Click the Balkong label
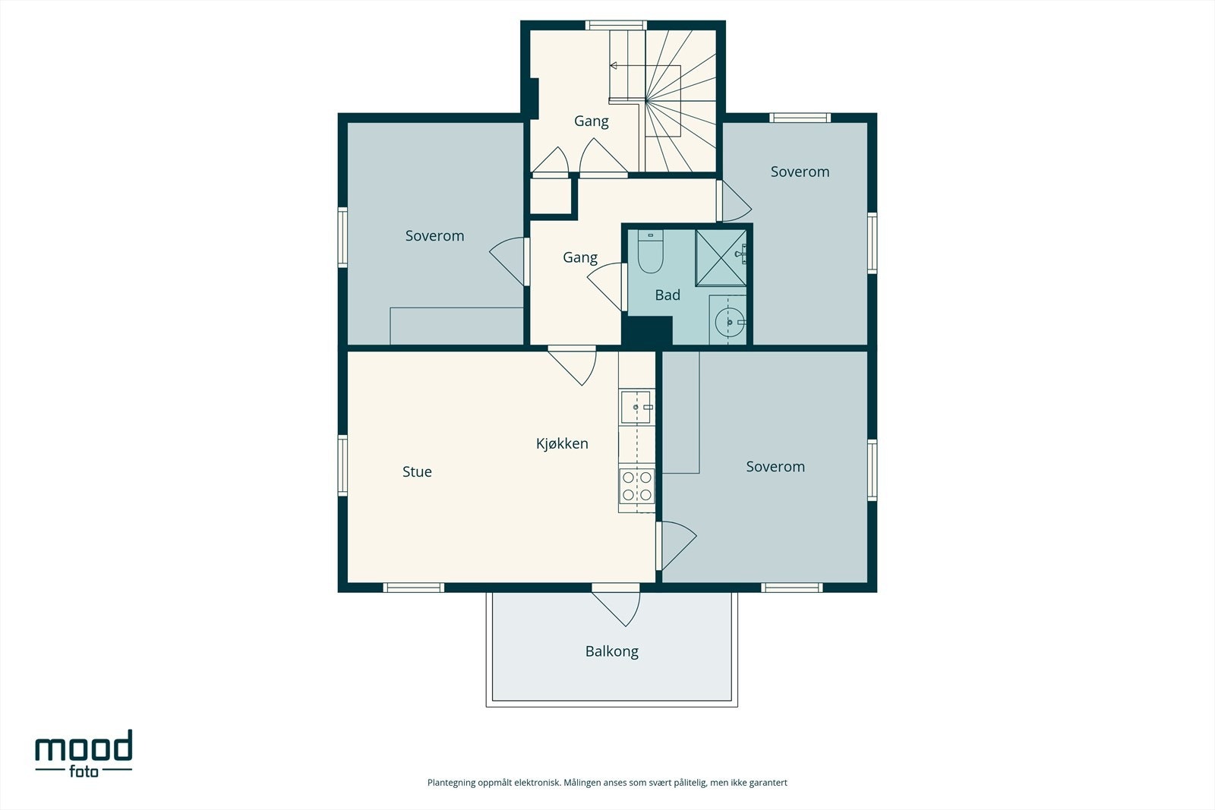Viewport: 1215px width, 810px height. [x=612, y=651]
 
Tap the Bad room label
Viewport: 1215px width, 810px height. [x=667, y=295]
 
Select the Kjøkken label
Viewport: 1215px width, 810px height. [x=562, y=443]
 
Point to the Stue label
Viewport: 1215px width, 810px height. [x=417, y=471]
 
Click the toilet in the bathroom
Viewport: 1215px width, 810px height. [x=650, y=251]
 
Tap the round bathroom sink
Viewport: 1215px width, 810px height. [x=730, y=322]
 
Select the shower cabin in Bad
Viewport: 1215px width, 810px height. [x=721, y=257]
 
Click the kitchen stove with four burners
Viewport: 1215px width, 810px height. [x=637, y=487]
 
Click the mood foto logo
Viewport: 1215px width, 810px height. [x=84, y=754]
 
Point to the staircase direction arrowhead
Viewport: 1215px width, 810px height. [x=614, y=65]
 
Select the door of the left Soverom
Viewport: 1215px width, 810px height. [x=509, y=261]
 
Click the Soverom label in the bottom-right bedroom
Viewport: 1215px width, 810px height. [x=775, y=467]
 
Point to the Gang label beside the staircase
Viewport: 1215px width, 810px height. [x=592, y=121]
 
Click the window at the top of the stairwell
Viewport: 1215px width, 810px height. [x=616, y=25]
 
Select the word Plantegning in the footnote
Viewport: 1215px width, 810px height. [x=451, y=783]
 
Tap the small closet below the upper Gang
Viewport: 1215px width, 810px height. [x=550, y=197]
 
